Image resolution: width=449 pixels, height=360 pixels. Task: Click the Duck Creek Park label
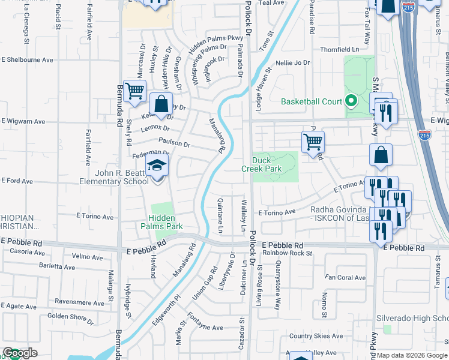267,165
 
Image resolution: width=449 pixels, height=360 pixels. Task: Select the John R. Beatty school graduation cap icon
157,166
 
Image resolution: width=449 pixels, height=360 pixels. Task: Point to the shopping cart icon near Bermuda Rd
135,91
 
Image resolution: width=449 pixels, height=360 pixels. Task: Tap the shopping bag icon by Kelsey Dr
161,104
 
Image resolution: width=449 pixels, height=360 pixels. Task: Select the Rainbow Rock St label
288,253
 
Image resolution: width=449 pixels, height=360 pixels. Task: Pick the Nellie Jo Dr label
292,62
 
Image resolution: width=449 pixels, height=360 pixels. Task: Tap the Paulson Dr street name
174,144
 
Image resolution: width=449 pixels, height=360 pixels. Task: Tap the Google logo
20,353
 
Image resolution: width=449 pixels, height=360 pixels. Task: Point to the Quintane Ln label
220,216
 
